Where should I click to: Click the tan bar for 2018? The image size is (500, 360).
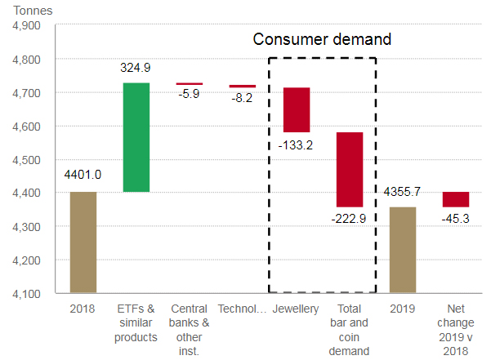tap(83, 242)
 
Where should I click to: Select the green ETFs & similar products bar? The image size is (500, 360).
tap(136, 137)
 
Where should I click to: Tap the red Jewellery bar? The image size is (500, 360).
tap(297, 109)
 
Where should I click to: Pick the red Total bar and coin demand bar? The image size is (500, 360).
tap(350, 169)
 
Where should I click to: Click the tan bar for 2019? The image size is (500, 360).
tap(403, 250)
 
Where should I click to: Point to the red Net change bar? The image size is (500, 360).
tap(456, 199)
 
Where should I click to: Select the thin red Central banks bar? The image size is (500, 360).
tap(190, 83)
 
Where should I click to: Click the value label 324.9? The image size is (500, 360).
tap(136, 70)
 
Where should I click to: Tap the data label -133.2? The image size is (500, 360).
tap(297, 144)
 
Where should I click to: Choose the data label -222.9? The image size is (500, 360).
tap(350, 219)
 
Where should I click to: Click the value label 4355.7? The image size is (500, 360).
tap(403, 193)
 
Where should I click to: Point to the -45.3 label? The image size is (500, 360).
tap(456, 219)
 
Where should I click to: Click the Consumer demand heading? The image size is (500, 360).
tap(322, 39)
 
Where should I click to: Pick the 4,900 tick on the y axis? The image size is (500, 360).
tap(27, 25)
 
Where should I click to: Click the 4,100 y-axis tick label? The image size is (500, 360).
tap(27, 293)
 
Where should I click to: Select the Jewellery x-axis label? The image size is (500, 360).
tap(296, 309)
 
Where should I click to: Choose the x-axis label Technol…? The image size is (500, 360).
tap(243, 309)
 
